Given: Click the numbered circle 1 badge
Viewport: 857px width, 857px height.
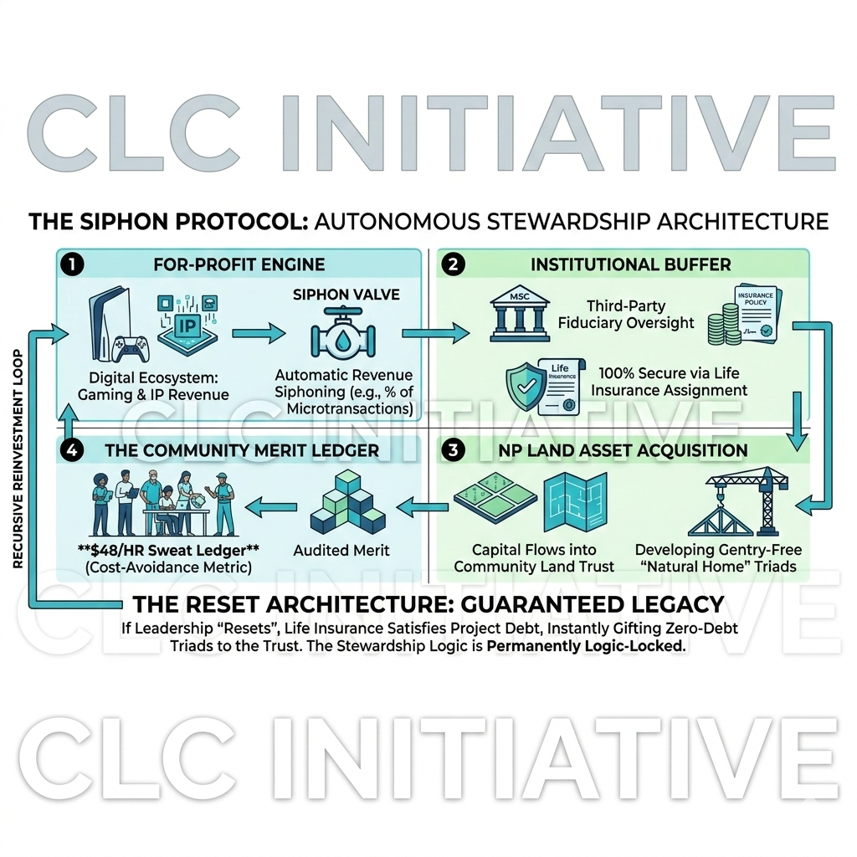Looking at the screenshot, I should (73, 264).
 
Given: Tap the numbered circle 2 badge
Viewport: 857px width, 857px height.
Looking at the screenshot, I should (453, 264).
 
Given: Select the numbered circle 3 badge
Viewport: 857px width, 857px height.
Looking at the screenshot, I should (453, 450).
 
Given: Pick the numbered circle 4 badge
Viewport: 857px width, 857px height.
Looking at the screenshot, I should (73, 450).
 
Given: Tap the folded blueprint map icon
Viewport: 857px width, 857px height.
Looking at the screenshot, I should (574, 502).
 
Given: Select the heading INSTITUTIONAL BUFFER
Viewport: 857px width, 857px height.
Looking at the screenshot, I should (631, 264).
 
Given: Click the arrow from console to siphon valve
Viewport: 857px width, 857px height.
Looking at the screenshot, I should (257, 333).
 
